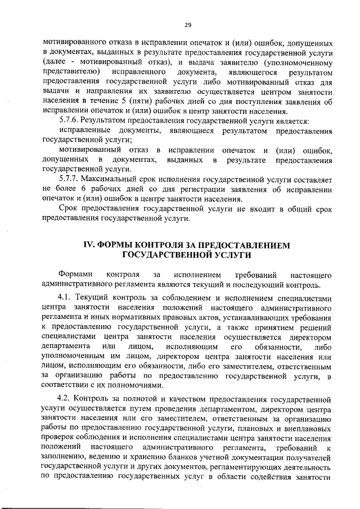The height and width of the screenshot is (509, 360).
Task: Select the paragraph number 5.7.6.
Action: coord(70,121)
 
